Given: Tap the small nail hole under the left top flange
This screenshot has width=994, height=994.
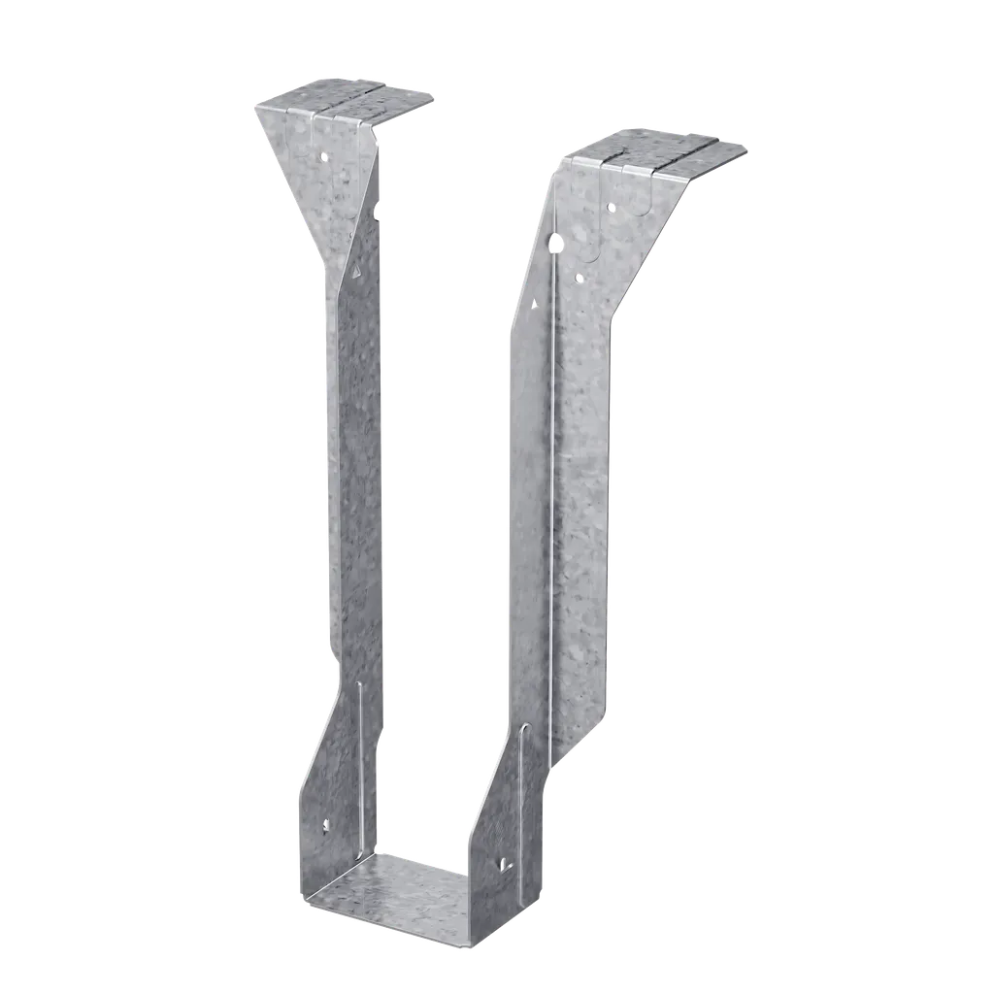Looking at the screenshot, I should (325, 154).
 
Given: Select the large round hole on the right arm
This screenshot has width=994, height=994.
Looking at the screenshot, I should (555, 244).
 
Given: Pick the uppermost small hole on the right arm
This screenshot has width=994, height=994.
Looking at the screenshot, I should (610, 207).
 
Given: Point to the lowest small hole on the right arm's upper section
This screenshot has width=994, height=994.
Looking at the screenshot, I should (580, 279).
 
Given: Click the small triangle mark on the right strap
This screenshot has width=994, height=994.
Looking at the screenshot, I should (534, 304).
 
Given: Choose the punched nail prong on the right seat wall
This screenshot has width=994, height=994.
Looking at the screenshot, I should (503, 862).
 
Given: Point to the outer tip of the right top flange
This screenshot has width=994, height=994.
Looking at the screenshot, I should (747, 149).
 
